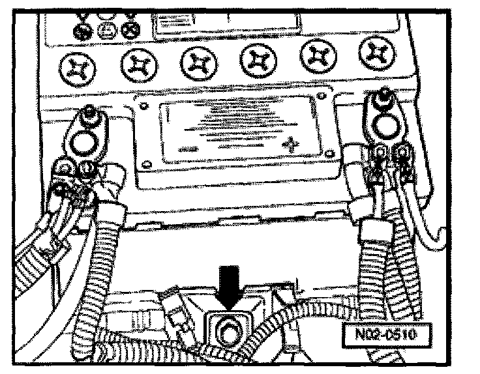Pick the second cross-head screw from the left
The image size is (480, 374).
pyautogui.click(x=137, y=65)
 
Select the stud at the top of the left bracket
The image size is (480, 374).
pyautogui.click(x=89, y=119)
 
